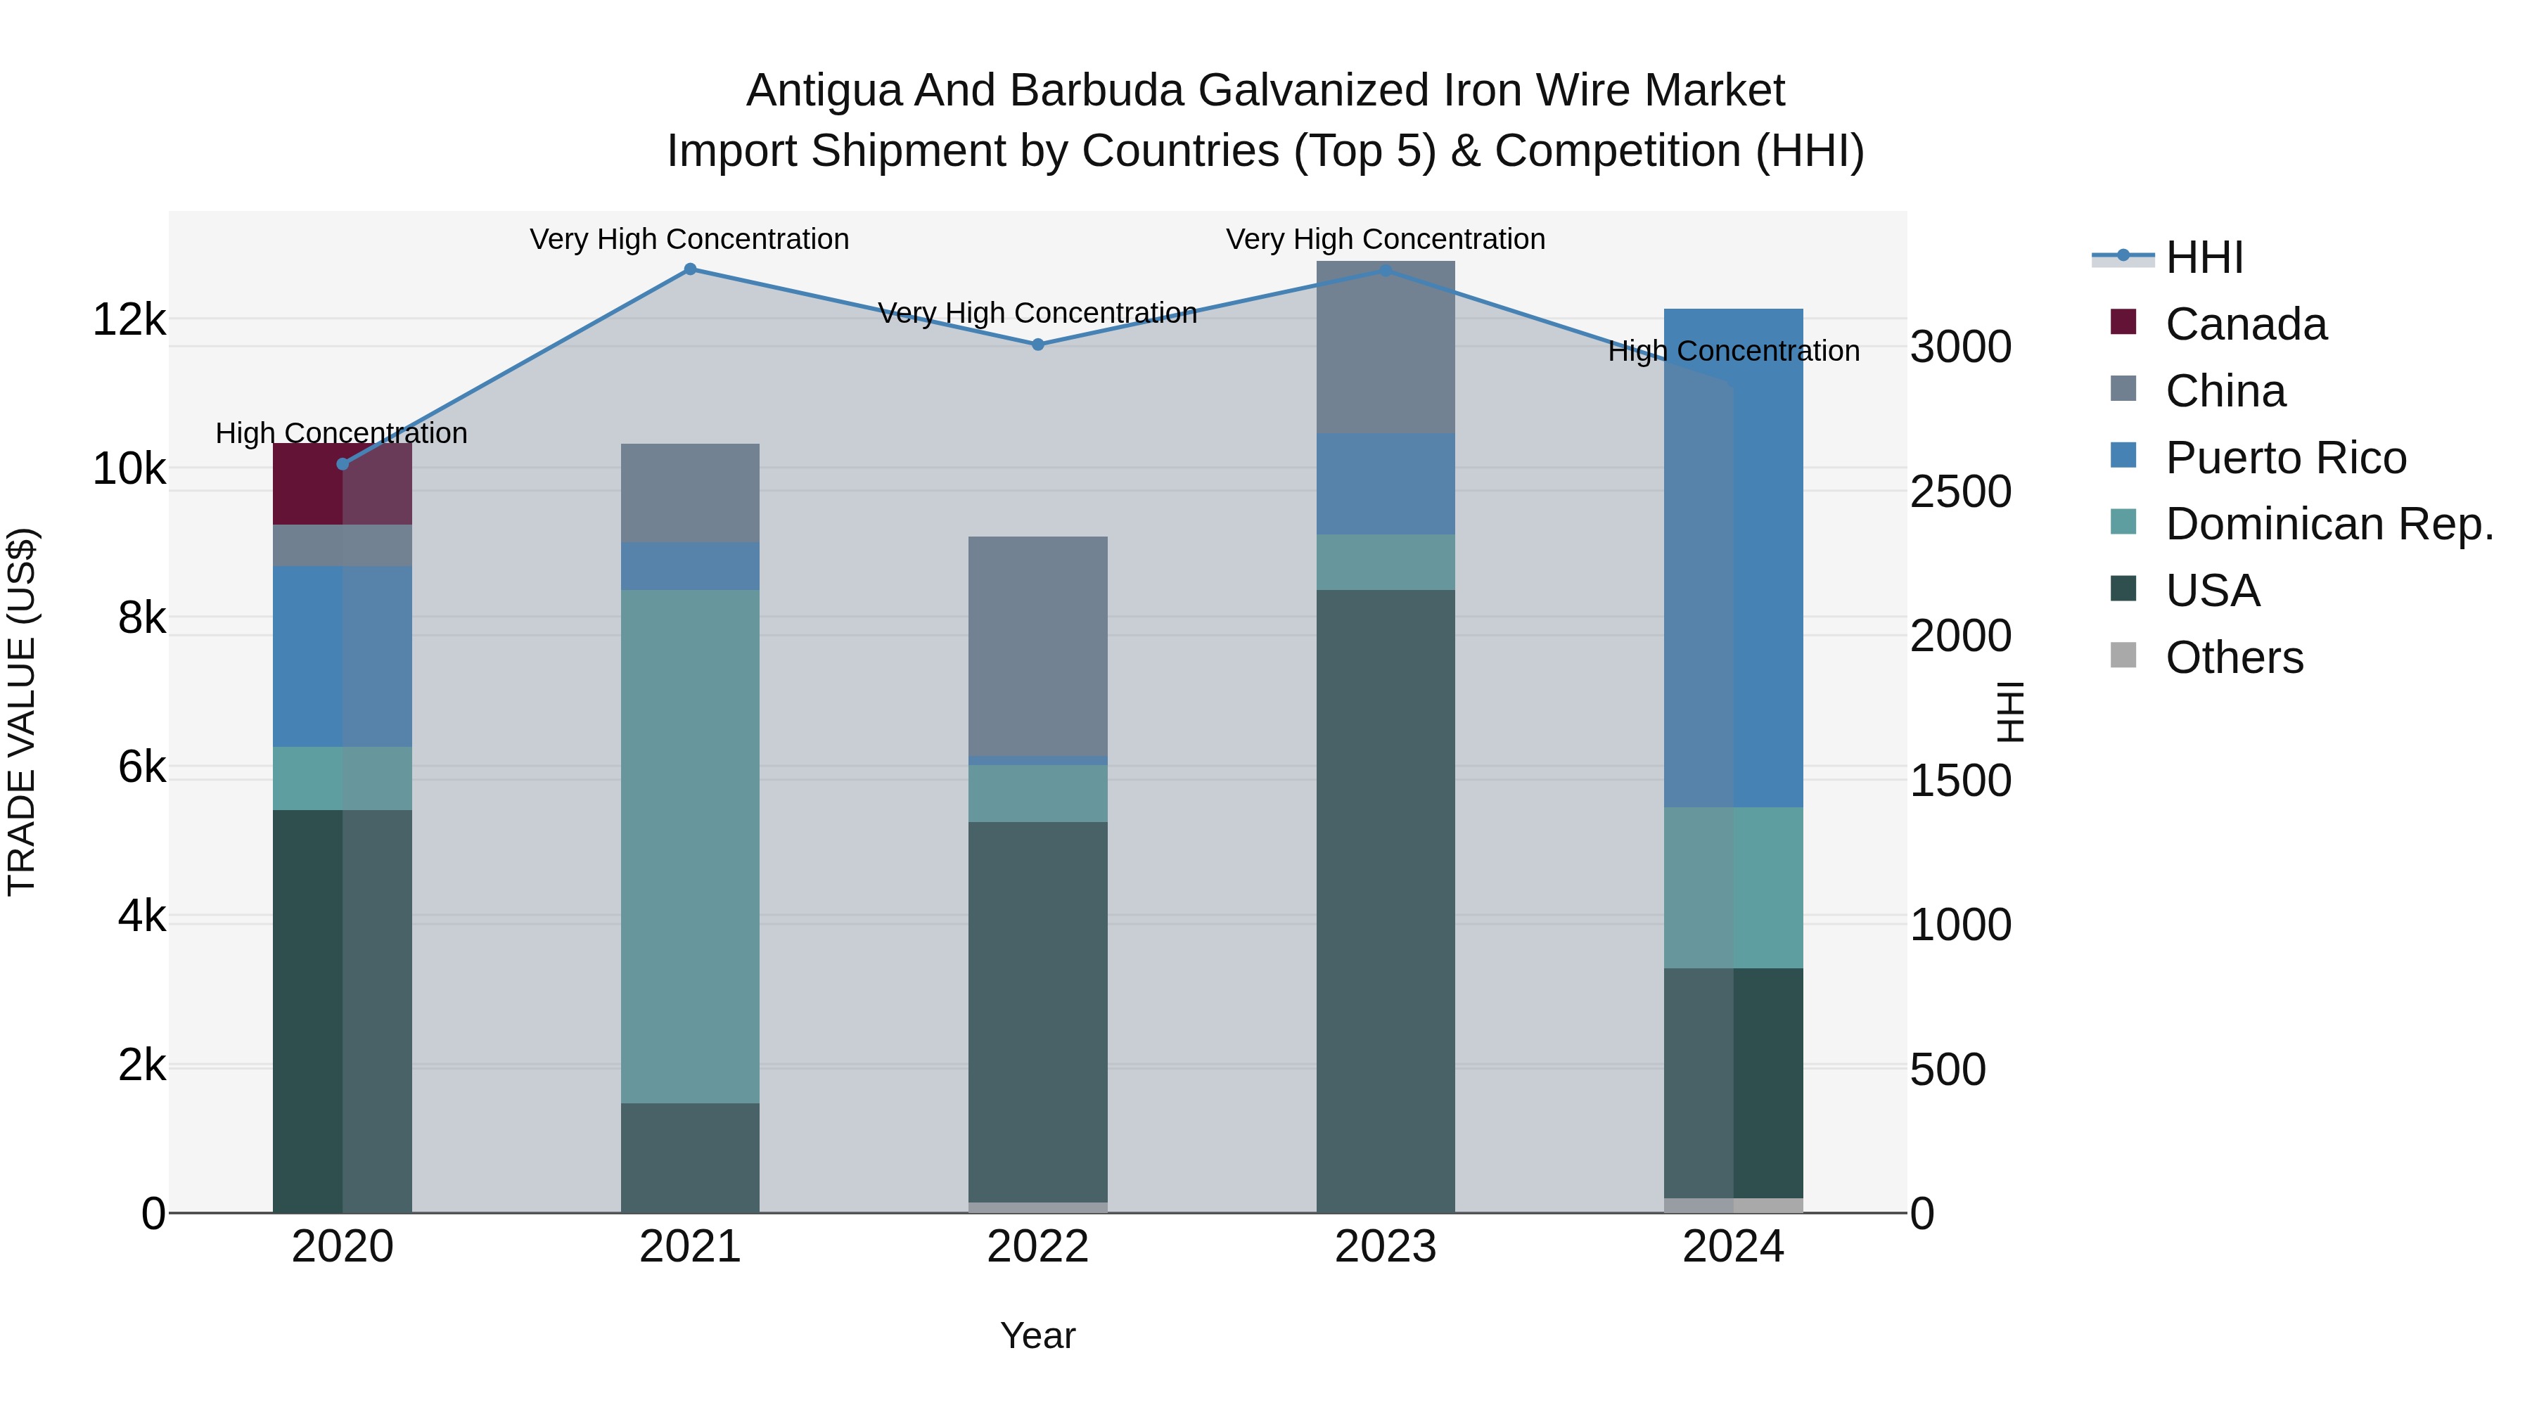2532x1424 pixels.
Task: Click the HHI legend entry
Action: click(x=2204, y=257)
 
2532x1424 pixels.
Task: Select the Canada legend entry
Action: click(x=2245, y=324)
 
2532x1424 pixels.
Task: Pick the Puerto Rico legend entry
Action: click(x=2285, y=458)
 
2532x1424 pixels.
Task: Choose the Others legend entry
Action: click(x=2233, y=658)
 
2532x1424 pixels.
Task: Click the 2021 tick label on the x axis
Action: click(x=690, y=1247)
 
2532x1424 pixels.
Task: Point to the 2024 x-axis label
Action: click(x=1733, y=1247)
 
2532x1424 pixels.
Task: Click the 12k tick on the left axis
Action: click(x=129, y=321)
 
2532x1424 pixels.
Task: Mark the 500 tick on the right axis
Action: click(x=1947, y=1069)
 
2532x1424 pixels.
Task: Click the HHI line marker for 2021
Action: click(x=690, y=269)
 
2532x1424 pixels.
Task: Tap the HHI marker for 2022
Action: click(x=1038, y=345)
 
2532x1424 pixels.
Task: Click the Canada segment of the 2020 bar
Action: click(x=342, y=485)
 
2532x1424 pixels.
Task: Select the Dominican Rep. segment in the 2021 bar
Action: click(x=690, y=846)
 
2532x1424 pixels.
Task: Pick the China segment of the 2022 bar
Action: click(x=1038, y=647)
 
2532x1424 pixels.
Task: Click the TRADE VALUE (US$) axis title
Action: click(x=22, y=712)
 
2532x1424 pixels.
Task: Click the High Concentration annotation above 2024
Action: click(x=1733, y=352)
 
